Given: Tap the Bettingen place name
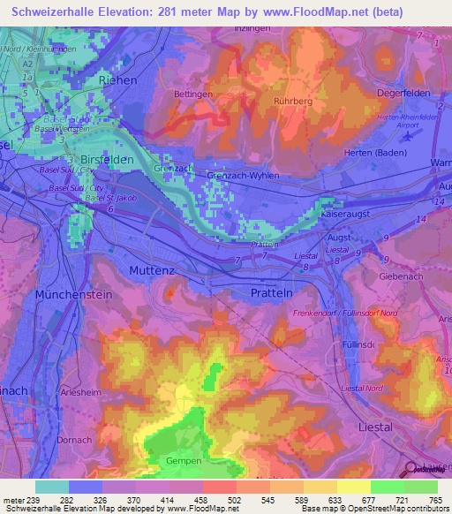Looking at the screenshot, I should click(x=194, y=94).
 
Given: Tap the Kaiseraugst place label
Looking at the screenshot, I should click(x=348, y=215).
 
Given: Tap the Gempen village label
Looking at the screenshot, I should click(x=185, y=462).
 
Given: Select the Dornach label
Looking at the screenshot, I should click(x=54, y=439).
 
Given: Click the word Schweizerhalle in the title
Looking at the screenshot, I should click(x=57, y=12).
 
